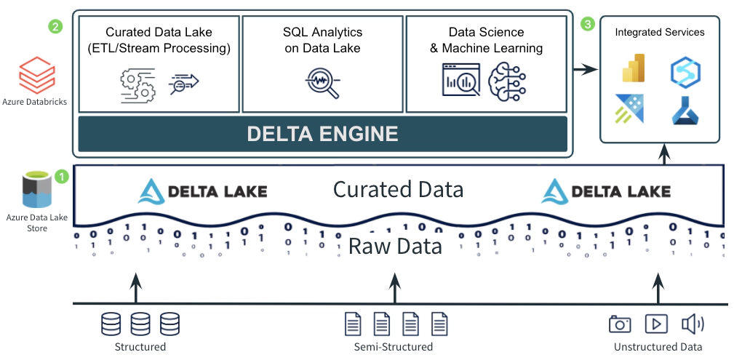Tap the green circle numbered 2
click(55, 26)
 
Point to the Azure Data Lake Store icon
click(37, 191)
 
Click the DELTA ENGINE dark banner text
click(322, 134)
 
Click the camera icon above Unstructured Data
click(620, 323)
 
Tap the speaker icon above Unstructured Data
click(692, 323)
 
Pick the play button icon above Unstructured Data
click(656, 323)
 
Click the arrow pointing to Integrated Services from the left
click(583, 70)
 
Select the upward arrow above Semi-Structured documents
click(395, 288)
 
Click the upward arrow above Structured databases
click(135, 288)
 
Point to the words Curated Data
click(398, 190)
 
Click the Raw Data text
click(395, 246)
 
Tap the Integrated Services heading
click(659, 32)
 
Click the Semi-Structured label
click(393, 347)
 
